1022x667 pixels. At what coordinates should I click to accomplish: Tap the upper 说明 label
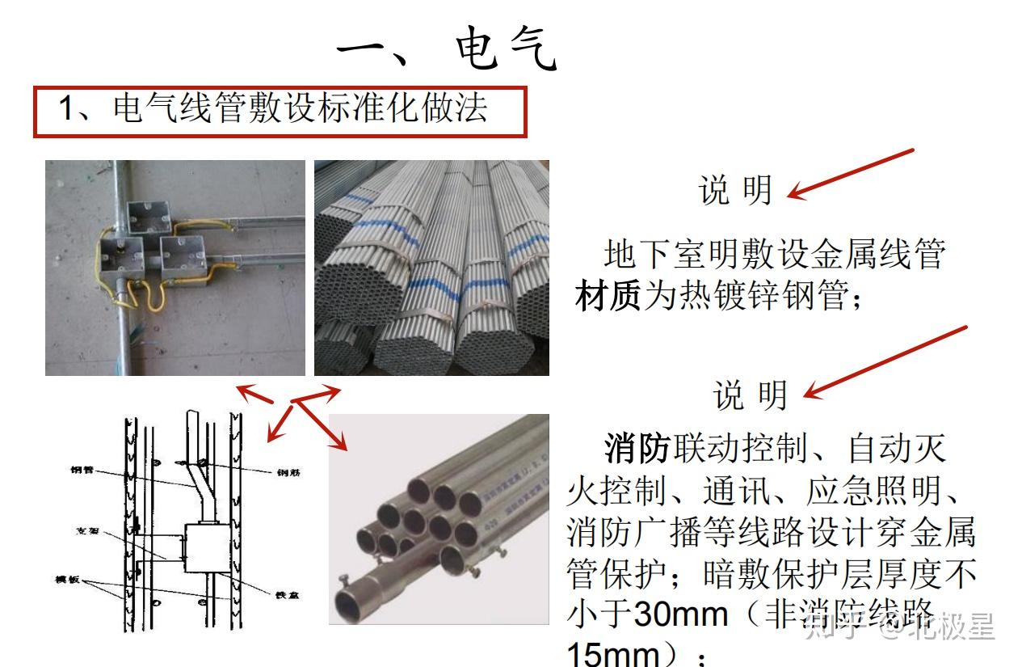[x=735, y=190]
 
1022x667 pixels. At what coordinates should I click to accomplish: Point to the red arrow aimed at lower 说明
[x=885, y=361]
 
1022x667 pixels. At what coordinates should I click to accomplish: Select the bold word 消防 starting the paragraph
[x=637, y=447]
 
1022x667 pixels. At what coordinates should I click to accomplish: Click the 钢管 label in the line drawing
[x=82, y=469]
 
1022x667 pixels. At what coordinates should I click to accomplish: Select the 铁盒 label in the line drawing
[x=286, y=594]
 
